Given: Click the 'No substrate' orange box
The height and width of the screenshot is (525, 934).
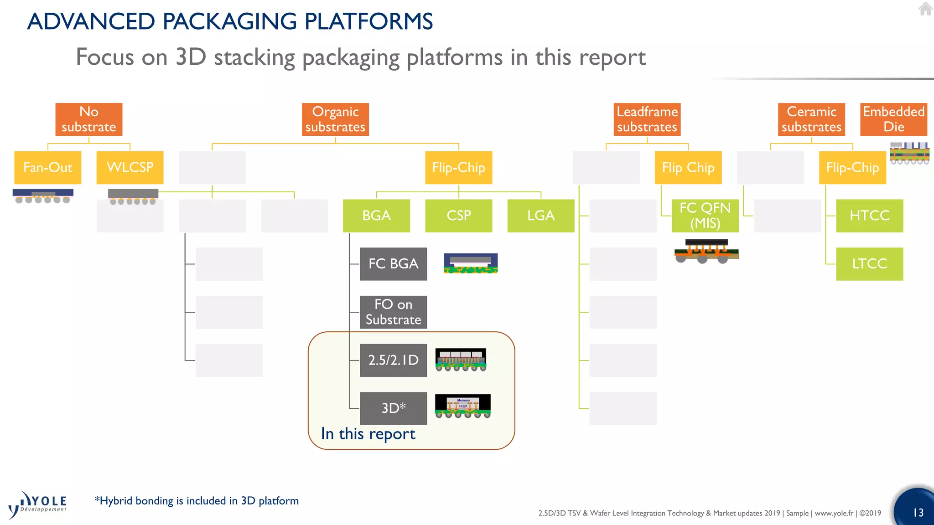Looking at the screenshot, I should point(89,119).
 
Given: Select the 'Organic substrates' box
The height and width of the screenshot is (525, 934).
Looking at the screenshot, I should point(335,119).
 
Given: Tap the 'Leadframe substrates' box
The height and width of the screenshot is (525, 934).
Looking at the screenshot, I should point(647,119).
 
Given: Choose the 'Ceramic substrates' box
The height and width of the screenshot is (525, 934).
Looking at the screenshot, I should point(811,119).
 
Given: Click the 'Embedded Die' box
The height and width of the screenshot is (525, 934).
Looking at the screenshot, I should point(893,119).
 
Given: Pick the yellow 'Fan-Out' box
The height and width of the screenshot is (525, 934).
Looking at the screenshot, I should point(48,168).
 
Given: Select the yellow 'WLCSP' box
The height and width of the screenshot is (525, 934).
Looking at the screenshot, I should point(130,168).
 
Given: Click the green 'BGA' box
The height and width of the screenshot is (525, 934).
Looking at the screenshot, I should point(376,216).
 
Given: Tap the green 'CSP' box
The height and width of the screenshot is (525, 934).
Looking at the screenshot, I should point(458,216).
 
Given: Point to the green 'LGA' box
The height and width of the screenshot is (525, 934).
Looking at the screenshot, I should point(540,216).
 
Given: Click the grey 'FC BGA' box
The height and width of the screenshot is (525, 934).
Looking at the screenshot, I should point(393,264).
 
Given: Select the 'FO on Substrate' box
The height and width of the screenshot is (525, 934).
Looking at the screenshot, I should point(393,312).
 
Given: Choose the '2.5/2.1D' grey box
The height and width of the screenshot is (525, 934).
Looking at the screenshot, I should point(393,360).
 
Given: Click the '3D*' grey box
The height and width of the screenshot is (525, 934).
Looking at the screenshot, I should point(393,408).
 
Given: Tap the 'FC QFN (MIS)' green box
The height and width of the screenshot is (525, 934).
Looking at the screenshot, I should point(705,216).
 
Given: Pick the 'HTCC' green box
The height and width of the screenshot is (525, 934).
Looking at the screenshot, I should point(869,216).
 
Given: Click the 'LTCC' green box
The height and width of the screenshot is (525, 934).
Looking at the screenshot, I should point(869,264).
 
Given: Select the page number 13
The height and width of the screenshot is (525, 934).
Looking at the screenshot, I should point(918,513).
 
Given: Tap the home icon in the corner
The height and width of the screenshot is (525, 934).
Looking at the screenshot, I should point(925,9).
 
